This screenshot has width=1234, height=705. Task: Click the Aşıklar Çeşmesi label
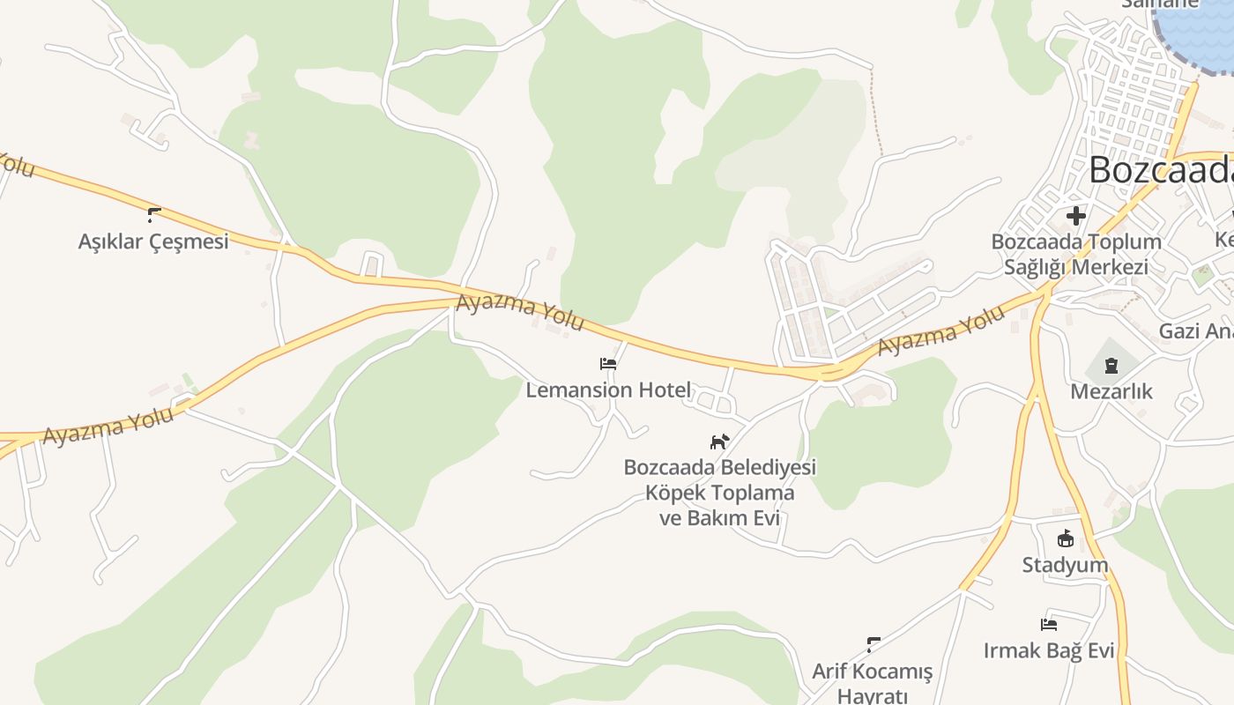pos(153,241)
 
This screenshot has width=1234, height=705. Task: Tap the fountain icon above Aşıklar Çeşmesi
pos(154,214)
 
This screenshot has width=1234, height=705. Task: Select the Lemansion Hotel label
pos(608,390)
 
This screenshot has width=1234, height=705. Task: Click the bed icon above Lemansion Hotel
pos(608,363)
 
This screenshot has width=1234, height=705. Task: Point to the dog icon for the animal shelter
pos(720,441)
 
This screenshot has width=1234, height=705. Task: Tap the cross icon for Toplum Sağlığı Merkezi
pos(1075,215)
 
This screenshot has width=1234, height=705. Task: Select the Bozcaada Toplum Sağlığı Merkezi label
pos(1076,254)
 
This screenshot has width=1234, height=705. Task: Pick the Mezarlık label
pos(1111,391)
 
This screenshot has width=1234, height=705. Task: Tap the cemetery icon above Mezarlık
pos(1111,365)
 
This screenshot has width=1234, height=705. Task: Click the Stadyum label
pos(1065,565)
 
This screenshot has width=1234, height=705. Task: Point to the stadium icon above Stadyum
pos(1065,538)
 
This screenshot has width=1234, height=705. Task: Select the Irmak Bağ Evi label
pos(1049,651)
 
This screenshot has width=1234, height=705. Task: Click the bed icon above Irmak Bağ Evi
pos(1049,625)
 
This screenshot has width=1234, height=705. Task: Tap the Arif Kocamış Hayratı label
pos(872,683)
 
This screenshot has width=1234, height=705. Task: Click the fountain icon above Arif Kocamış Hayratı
pos(873,644)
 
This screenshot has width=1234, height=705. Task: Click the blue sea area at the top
pos(1199,26)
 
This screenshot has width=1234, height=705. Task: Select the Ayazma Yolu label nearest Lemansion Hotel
pos(520,313)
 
